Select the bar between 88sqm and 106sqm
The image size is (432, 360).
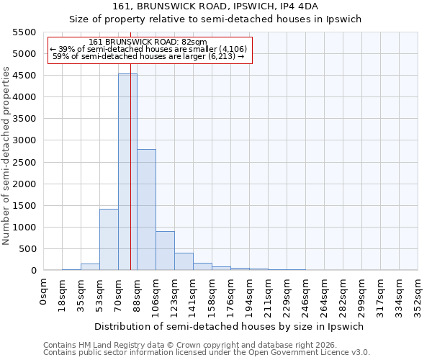[146, 210]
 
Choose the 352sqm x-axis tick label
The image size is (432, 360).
[418, 293]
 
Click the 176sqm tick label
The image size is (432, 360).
[230, 293]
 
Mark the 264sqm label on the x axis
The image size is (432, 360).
[324, 293]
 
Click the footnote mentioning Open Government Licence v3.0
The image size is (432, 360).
[207, 352]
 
